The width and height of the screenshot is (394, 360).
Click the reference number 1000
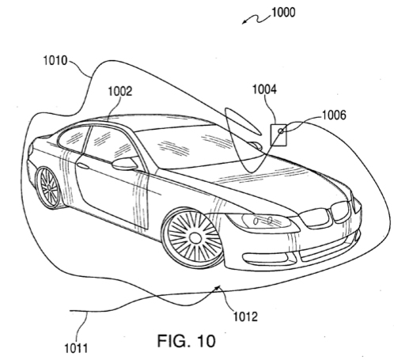pos(283,13)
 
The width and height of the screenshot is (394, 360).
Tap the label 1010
pos(55,60)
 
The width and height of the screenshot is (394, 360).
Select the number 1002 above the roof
pos(120,91)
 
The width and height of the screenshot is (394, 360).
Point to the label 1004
pos(265,89)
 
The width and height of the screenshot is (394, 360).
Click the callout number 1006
pos(334,115)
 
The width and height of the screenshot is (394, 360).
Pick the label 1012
pos(245,316)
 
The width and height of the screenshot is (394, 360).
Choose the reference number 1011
pos(76,348)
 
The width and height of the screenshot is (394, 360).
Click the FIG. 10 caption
pos(187,341)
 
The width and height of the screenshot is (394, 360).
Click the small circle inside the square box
pos(281,131)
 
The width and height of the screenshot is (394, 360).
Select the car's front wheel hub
pos(195,238)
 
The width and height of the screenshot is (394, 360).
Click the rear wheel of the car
pos(49,187)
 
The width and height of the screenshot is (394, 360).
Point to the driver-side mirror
pos(125,164)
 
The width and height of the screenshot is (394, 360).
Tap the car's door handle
pos(83,166)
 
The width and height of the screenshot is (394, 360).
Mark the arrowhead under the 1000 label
pos(244,23)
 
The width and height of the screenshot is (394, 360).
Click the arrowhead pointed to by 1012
pos(218,287)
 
